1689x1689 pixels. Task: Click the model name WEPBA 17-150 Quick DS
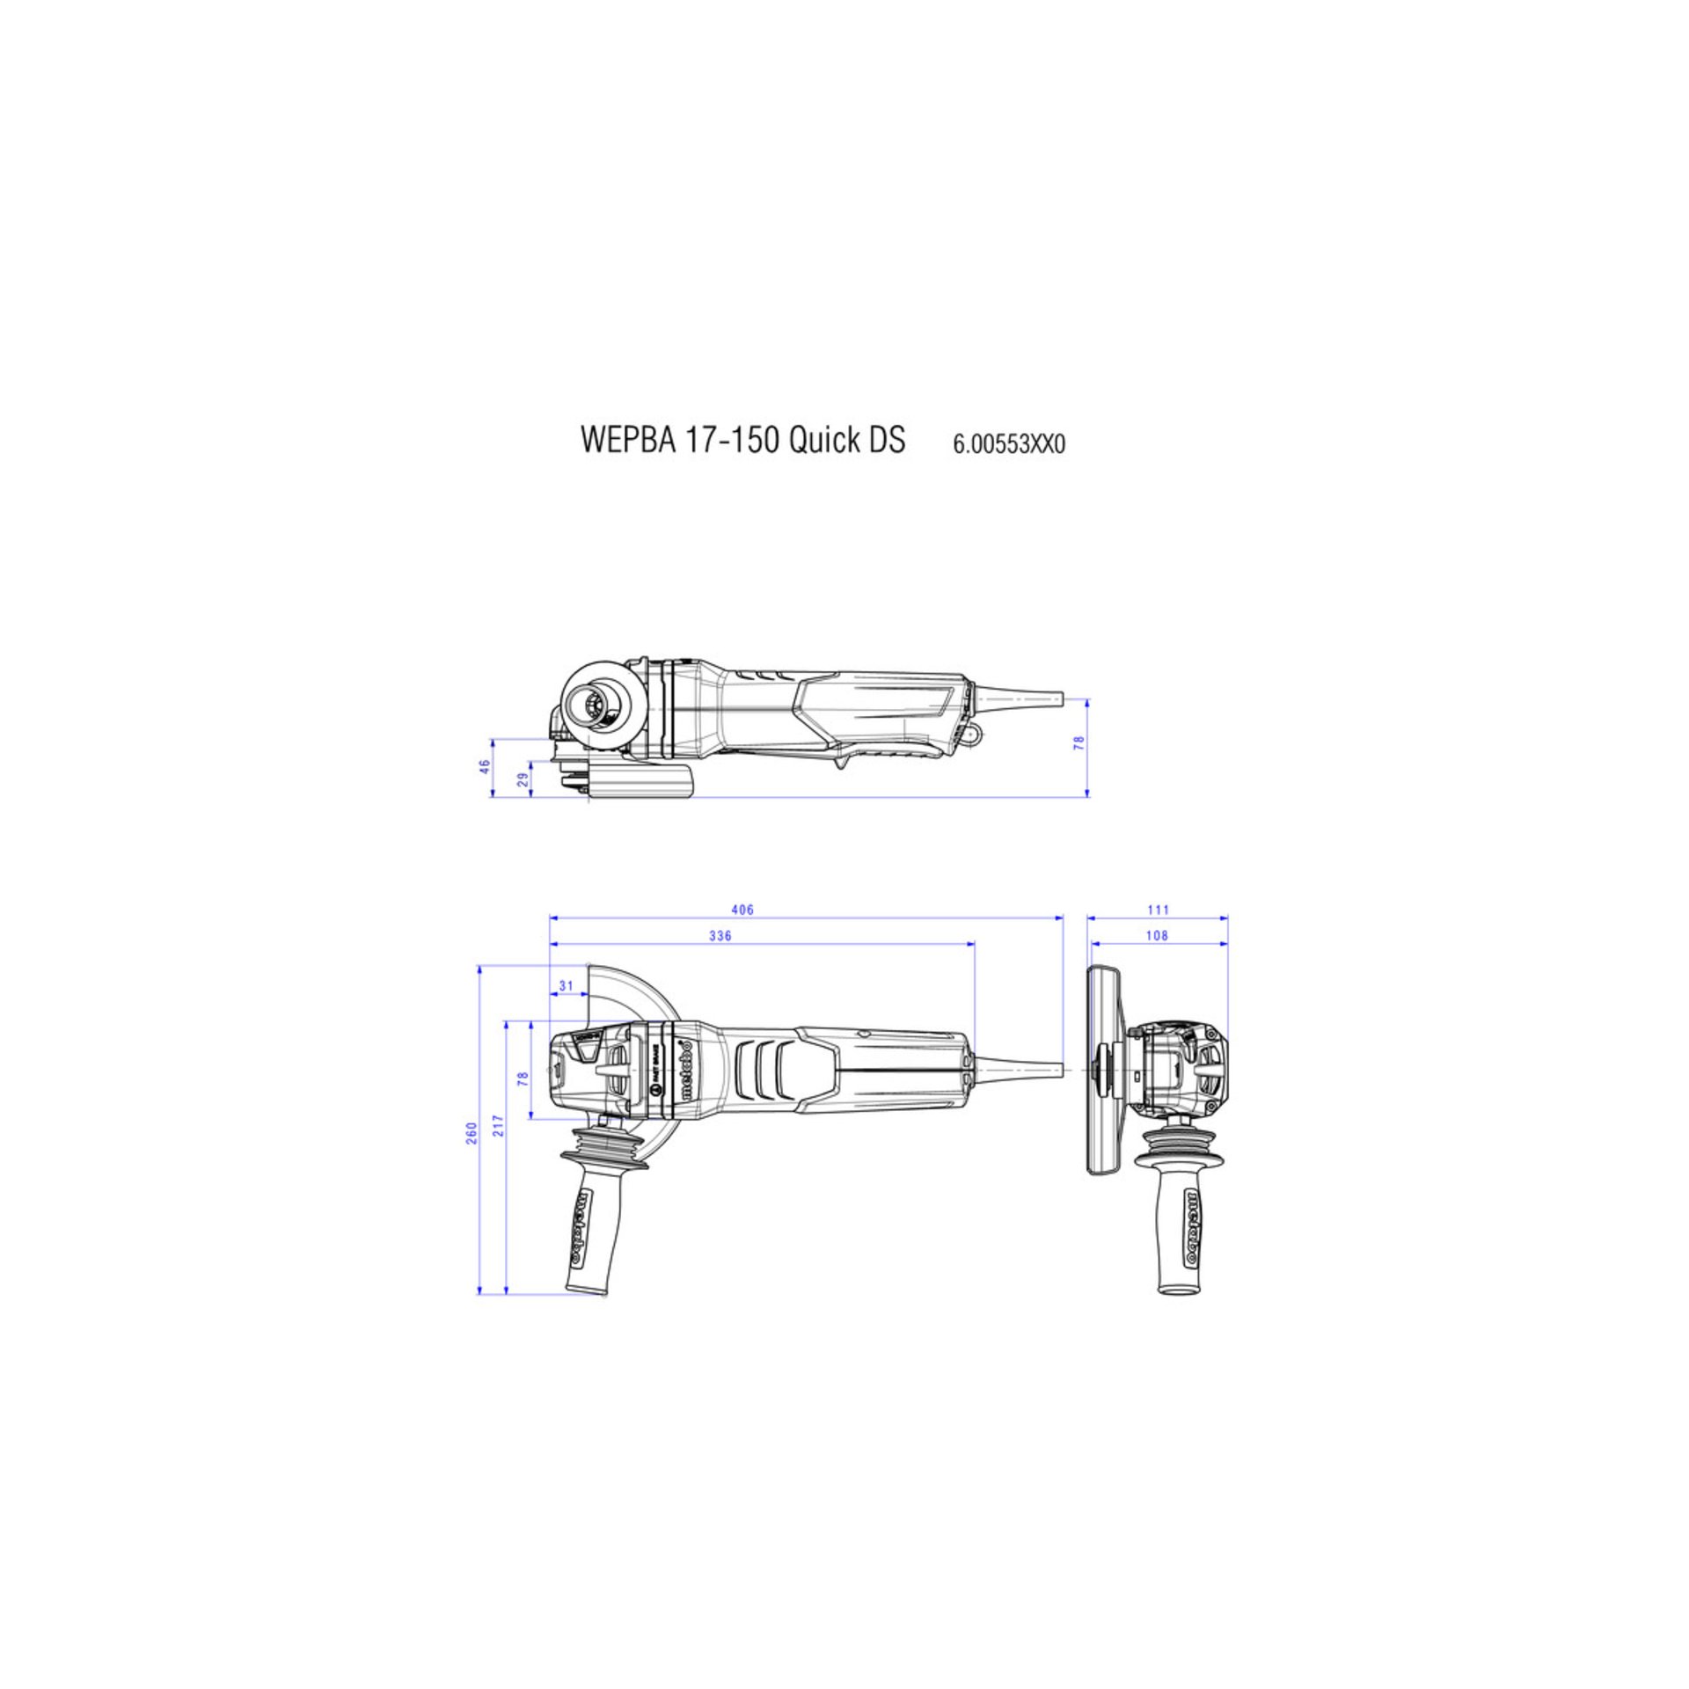pyautogui.click(x=742, y=440)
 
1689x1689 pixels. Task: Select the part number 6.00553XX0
pyautogui.click(x=1008, y=444)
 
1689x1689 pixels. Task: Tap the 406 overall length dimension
pyautogui.click(x=742, y=910)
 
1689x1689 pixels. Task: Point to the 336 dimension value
pyautogui.click(x=720, y=936)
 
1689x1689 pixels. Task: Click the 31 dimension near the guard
pyautogui.click(x=566, y=986)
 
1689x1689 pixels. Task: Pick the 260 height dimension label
pyautogui.click(x=472, y=1132)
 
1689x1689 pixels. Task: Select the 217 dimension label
pyautogui.click(x=500, y=1149)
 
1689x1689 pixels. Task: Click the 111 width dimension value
pyautogui.click(x=1158, y=910)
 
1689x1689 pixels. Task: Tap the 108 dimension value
pyautogui.click(x=1158, y=936)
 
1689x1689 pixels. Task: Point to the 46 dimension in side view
pyautogui.click(x=484, y=767)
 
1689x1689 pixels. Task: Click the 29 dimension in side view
pyautogui.click(x=522, y=779)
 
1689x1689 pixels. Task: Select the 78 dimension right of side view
pyautogui.click(x=1078, y=742)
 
